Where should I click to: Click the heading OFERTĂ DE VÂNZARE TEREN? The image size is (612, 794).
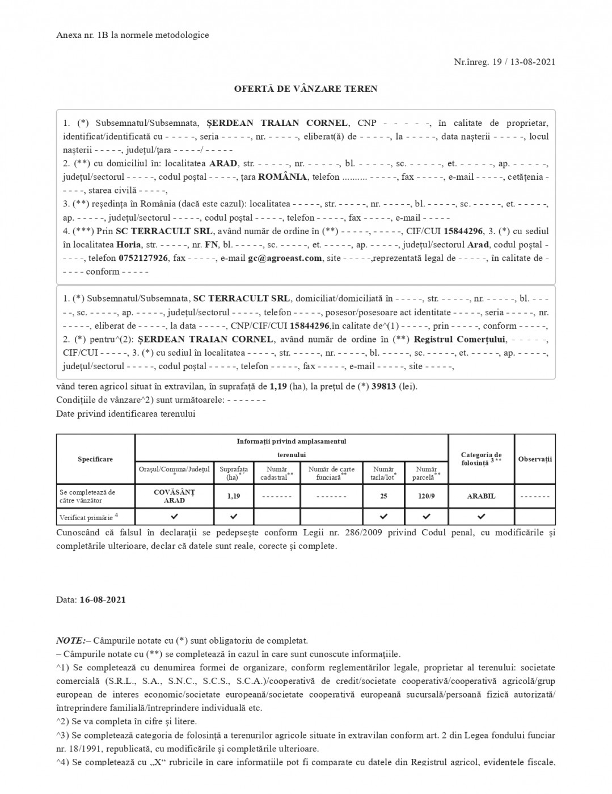(306, 88)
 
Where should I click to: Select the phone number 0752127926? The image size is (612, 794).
(143, 258)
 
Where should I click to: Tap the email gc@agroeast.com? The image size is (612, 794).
(284, 258)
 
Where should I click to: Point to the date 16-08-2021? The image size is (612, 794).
(103, 599)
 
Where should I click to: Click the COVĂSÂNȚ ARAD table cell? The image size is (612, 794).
(174, 496)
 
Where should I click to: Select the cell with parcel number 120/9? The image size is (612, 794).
(427, 496)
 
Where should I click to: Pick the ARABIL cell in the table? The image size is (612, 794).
(481, 496)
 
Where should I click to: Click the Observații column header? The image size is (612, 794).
(535, 459)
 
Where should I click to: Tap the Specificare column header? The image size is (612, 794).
(95, 459)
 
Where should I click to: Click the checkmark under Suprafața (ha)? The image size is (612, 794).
(234, 517)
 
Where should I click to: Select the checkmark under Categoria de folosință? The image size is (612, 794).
(481, 517)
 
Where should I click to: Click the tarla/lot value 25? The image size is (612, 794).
(383, 496)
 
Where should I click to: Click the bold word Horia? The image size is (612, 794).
(129, 245)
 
